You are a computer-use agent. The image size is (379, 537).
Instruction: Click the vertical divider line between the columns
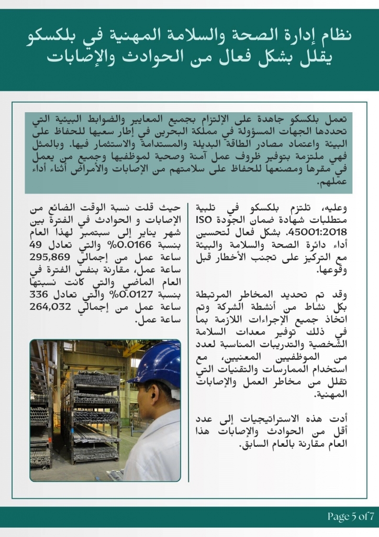pos(188,341)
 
